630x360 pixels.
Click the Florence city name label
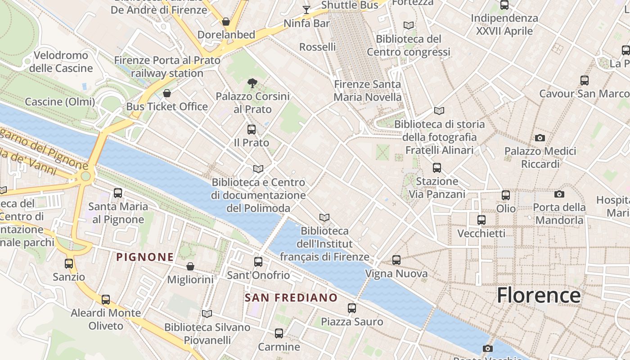tap(539, 296)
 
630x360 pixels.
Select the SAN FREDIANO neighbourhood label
tap(291, 297)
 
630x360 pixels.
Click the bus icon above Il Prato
tap(252, 130)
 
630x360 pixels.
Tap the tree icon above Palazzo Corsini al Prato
tap(252, 83)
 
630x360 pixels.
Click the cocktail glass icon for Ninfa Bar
tap(306, 9)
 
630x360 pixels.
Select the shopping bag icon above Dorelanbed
tap(226, 22)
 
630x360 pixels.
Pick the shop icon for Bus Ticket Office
tap(167, 93)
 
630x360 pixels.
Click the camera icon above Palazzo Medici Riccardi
tap(540, 138)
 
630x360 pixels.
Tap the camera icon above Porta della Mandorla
tap(559, 194)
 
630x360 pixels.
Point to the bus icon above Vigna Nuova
tap(396, 260)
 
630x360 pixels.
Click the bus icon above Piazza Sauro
tap(352, 308)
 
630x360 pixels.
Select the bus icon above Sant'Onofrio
tap(258, 262)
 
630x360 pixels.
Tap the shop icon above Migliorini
tap(190, 266)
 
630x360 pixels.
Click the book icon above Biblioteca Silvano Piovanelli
tap(207, 314)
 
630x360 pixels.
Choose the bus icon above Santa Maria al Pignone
tap(118, 193)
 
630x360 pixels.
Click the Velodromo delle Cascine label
tap(61, 62)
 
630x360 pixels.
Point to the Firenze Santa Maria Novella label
tap(368, 90)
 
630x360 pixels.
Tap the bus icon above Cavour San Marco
tap(585, 81)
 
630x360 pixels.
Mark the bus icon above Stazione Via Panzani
tap(437, 168)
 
